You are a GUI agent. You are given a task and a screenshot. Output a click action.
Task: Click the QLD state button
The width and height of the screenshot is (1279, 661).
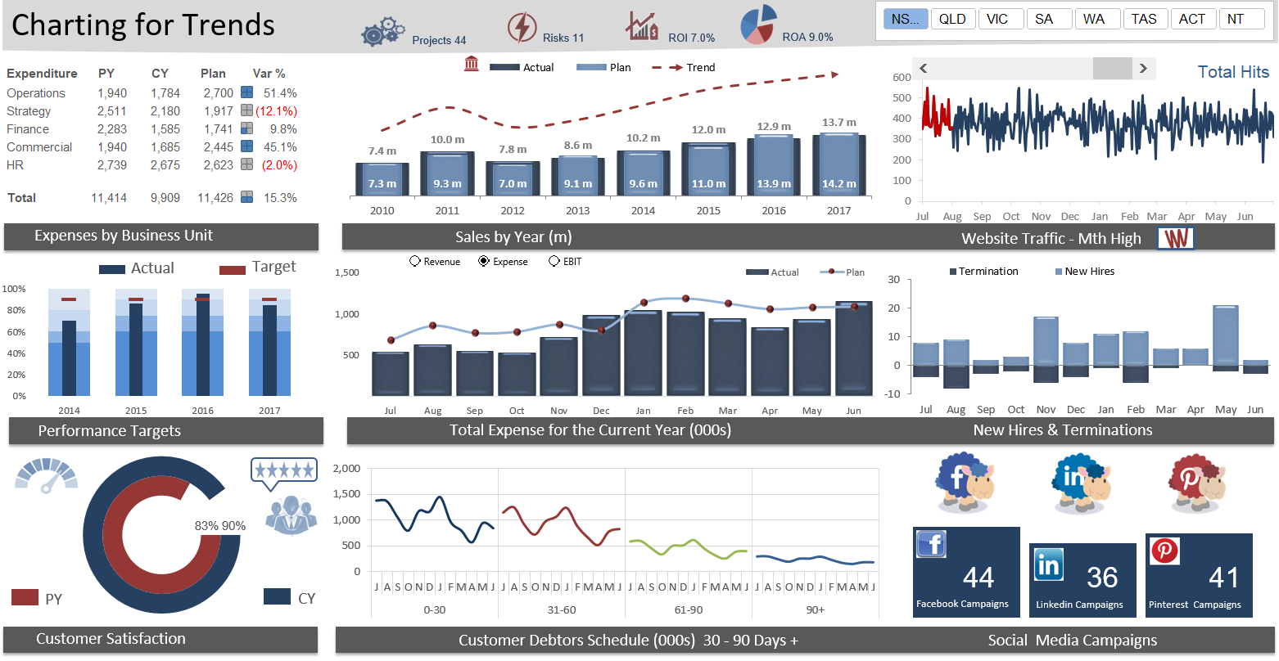(x=952, y=19)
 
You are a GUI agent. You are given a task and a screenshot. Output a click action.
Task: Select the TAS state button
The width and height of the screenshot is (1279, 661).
(x=1144, y=19)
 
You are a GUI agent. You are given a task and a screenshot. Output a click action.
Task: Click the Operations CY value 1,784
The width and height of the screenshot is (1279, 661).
(x=165, y=93)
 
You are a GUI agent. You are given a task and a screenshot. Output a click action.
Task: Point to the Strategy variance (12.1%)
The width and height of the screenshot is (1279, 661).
(x=276, y=111)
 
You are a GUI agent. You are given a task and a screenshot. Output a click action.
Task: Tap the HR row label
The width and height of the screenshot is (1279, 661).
(x=16, y=165)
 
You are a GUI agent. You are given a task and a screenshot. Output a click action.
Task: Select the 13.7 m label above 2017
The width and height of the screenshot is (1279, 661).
(x=838, y=123)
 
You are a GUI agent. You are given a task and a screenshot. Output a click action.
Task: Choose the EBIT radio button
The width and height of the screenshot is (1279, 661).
(x=554, y=262)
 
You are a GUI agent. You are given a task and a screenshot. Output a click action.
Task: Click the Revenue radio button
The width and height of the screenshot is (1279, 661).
(x=415, y=262)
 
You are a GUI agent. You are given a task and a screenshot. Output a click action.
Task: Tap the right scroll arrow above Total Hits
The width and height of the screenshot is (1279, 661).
(x=1143, y=69)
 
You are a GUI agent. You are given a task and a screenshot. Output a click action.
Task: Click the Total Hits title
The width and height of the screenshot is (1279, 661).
(x=1232, y=72)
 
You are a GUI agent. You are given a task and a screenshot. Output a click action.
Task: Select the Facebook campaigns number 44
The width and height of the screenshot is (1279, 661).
(x=978, y=578)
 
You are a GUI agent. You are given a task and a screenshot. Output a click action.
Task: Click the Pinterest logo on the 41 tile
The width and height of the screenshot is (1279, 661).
(x=1164, y=551)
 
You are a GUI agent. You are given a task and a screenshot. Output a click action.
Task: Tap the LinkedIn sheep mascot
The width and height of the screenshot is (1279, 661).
(x=1081, y=483)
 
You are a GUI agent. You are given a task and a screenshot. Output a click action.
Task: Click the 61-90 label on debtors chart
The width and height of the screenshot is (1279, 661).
(x=688, y=610)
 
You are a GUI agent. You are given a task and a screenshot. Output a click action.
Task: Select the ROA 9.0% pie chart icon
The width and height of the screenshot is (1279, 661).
(x=758, y=25)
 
